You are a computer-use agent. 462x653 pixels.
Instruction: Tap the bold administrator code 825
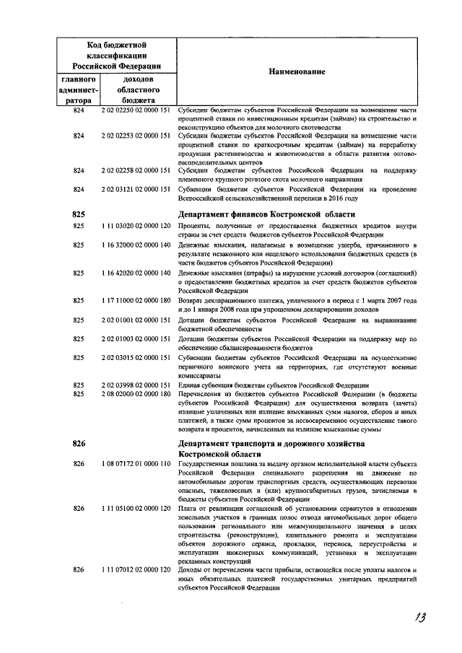tap(79, 214)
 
